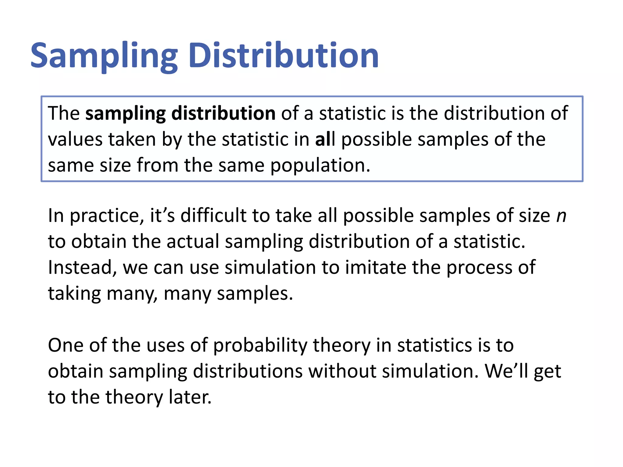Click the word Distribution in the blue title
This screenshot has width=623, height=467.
point(284,56)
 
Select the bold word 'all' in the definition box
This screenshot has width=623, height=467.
point(325,139)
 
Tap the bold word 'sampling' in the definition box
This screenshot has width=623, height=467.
point(125,114)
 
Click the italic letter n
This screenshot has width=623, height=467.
point(561,216)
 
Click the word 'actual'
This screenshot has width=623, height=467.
point(193,241)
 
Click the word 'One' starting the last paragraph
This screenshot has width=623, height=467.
point(65,345)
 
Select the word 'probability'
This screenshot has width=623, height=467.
point(261,346)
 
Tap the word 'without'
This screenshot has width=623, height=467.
point(342,371)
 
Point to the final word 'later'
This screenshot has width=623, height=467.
point(190,397)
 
